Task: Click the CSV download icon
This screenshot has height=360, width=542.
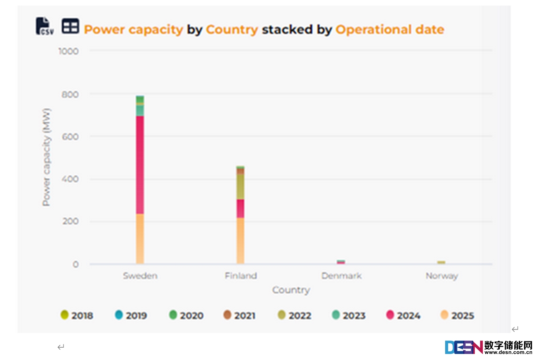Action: point(44,26)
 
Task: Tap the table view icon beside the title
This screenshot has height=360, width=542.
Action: point(70,26)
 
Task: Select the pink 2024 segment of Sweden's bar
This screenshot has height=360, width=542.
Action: point(140,165)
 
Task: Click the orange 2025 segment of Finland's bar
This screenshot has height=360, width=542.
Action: point(240,241)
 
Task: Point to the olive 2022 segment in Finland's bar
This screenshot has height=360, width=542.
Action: point(240,187)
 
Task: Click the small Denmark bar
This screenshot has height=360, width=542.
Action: point(341,262)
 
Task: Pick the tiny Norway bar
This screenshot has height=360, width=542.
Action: point(441,262)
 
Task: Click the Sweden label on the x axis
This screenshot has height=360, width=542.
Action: point(140,276)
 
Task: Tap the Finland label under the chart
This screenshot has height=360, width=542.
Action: point(241,276)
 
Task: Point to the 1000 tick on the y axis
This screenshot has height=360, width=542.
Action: point(68,51)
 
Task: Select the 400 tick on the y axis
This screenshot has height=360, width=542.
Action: point(70,179)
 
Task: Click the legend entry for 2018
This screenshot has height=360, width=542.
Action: point(77,316)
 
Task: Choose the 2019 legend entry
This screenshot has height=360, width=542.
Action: point(131,316)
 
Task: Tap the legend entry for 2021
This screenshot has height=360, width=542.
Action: point(239,316)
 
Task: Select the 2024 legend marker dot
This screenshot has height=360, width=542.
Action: point(390,315)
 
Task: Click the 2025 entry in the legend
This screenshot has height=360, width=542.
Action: point(457,316)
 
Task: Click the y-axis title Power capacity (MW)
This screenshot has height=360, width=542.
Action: point(46,157)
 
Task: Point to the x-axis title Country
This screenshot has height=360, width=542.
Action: point(291,290)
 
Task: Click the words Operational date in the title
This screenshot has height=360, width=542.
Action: point(390,29)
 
